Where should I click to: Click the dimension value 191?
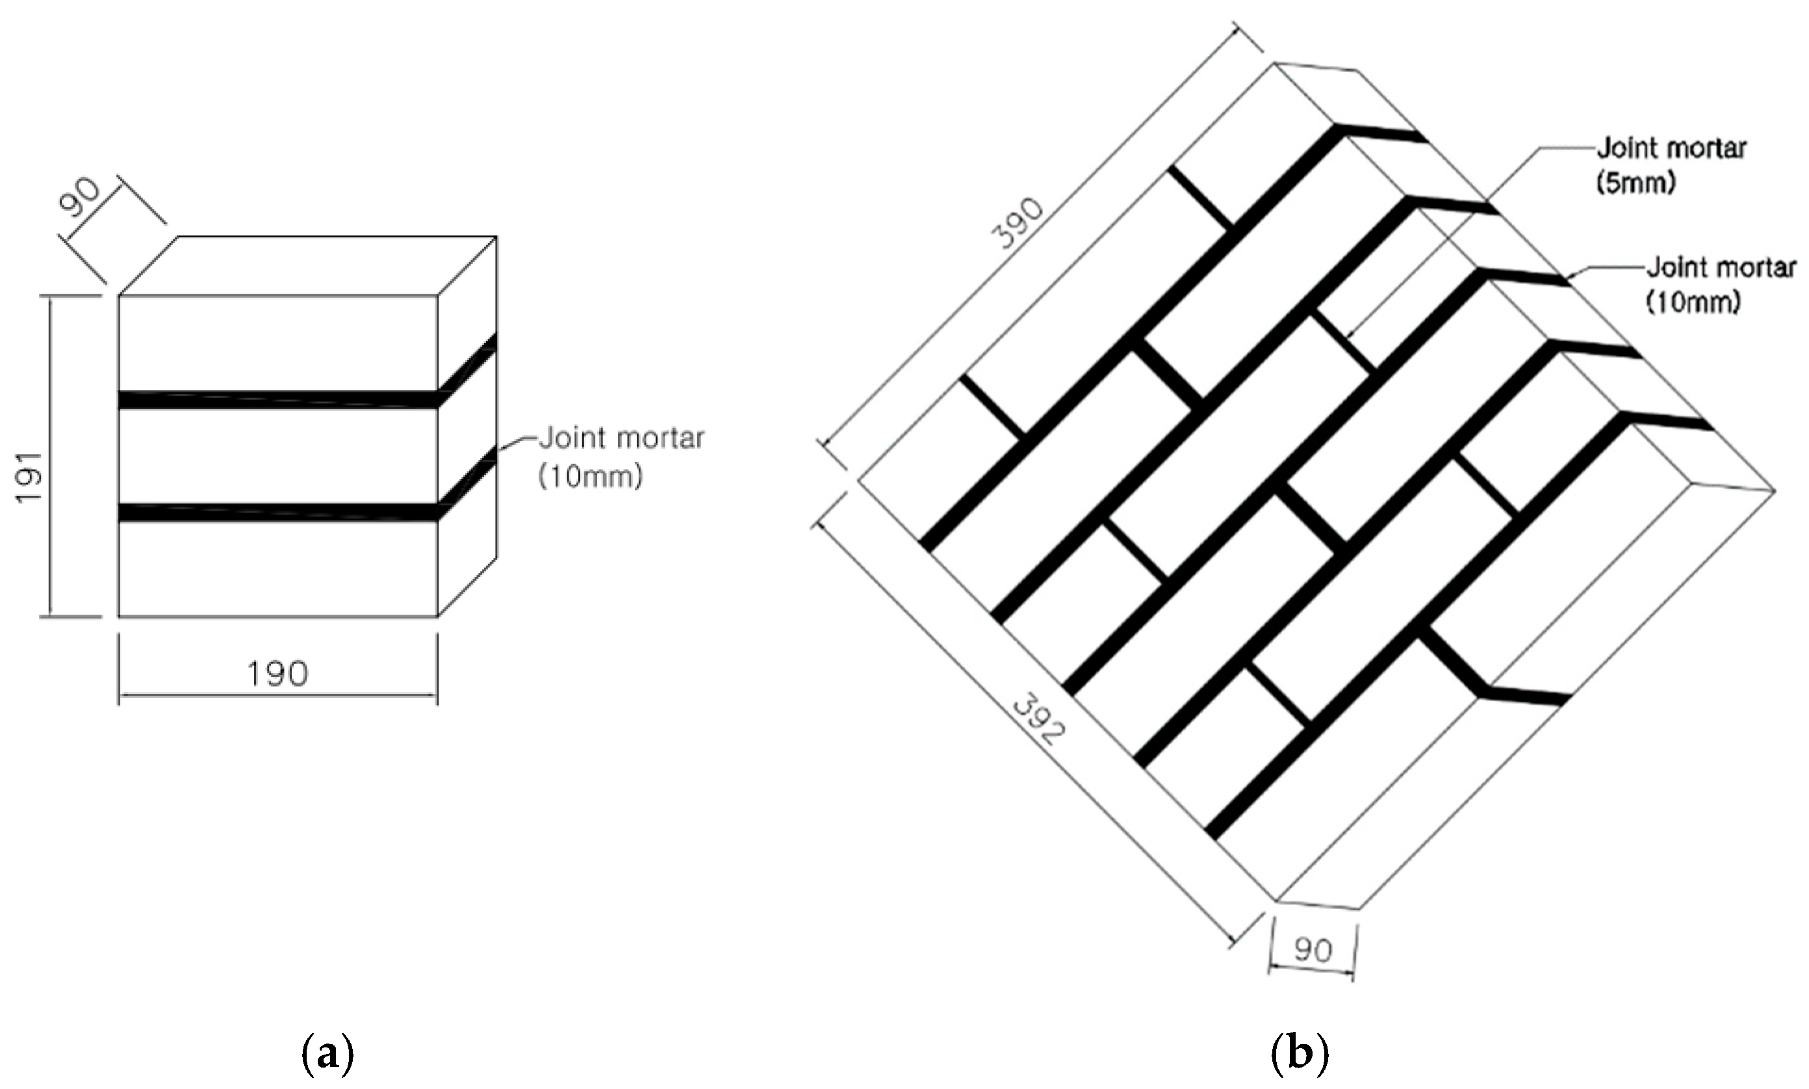pyautogui.click(x=31, y=477)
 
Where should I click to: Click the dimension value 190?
pyautogui.click(x=277, y=673)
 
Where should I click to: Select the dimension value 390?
pyautogui.click(x=1018, y=224)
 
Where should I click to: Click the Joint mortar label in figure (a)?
pyautogui.click(x=622, y=438)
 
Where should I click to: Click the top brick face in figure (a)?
pyautogui.click(x=308, y=266)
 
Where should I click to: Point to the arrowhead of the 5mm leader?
pyautogui.click(x=1350, y=337)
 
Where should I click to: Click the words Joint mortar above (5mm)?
pyautogui.click(x=1671, y=148)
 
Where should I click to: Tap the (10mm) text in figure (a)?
pyautogui.click(x=591, y=477)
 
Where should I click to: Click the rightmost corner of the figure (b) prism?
pyautogui.click(x=1774, y=490)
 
